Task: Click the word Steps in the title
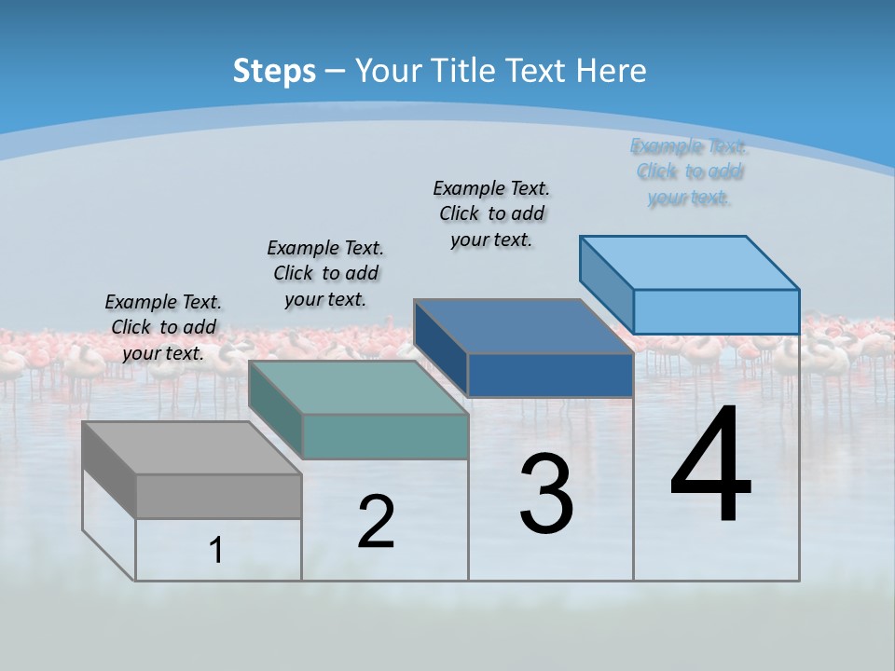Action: point(273,71)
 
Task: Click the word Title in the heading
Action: point(466,71)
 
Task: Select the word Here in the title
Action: point(612,71)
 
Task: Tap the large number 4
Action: point(710,466)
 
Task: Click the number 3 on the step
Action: point(546,494)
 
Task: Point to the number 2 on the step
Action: point(376,522)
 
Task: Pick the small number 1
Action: point(216,551)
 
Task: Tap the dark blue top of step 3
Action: point(522,326)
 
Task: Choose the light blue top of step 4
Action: point(690,262)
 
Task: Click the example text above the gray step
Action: point(163,327)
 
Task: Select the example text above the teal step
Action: point(325,273)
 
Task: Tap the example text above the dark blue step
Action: point(491,213)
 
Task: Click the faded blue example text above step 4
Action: point(689,171)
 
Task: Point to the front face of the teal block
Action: point(385,436)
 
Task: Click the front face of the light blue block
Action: point(716,311)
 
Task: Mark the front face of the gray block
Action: point(218,496)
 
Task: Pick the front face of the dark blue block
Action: point(550,375)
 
